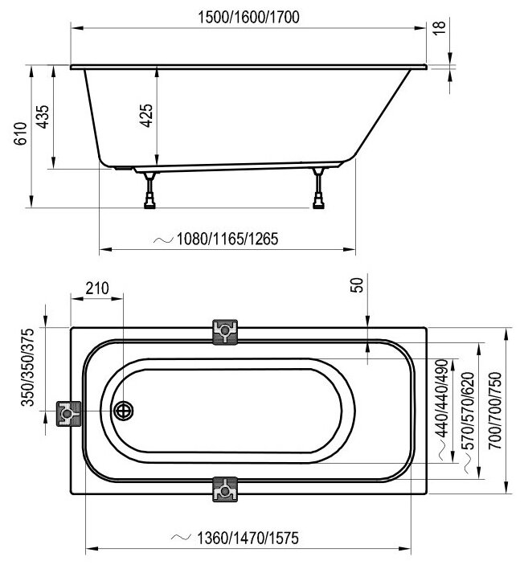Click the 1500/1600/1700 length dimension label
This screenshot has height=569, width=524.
tap(248, 18)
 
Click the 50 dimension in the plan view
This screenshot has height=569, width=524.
tap(358, 285)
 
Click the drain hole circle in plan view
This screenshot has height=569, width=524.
tap(124, 411)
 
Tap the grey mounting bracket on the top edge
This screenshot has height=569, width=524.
tap(226, 330)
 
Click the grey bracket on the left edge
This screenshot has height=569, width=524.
tap(70, 413)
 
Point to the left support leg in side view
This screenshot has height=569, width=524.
tap(149, 191)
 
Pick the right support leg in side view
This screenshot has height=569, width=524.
tap(321, 190)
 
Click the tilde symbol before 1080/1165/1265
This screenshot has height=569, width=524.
tap(163, 239)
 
